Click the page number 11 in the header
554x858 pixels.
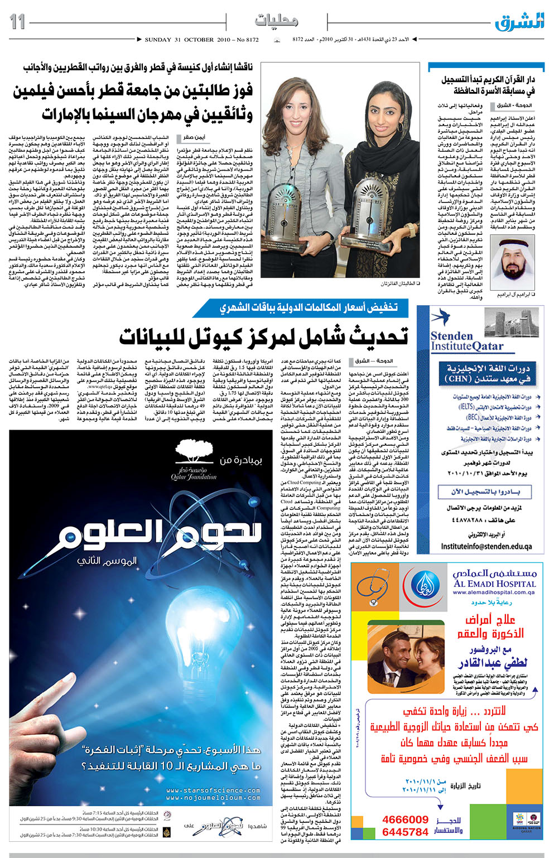tap(18, 22)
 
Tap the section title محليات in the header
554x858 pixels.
tap(276, 21)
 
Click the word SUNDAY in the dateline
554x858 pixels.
tap(157, 40)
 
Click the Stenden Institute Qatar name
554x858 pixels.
tap(466, 341)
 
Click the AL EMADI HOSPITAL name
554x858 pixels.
tap(494, 584)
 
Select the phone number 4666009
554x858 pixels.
tap(405, 820)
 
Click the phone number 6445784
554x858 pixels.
tap(405, 832)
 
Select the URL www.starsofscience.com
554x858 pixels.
tap(213, 790)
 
